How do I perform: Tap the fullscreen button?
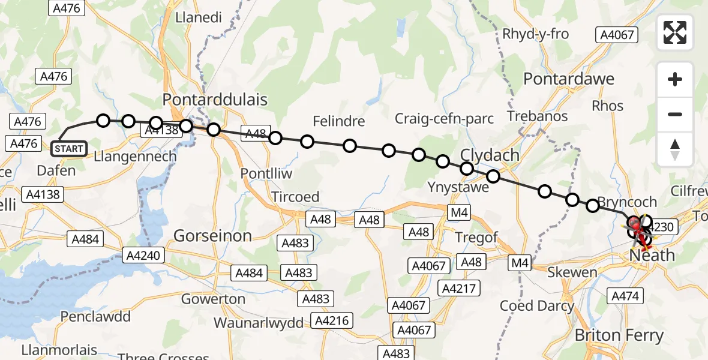pyautogui.click(x=675, y=32)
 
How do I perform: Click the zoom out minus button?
pyautogui.click(x=675, y=114)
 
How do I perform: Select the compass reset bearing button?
pyautogui.click(x=675, y=149)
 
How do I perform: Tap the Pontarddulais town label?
pyautogui.click(x=215, y=99)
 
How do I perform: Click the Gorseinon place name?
pyautogui.click(x=212, y=236)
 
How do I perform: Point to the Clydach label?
pyautogui.click(x=490, y=155)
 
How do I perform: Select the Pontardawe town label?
pyautogui.click(x=569, y=79)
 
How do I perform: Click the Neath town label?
pyautogui.click(x=652, y=256)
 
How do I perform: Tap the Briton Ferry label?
pyautogui.click(x=619, y=335)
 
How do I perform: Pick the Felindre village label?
pyautogui.click(x=339, y=122)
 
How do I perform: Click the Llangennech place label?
pyautogui.click(x=136, y=157)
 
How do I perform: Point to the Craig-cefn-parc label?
pyautogui.click(x=443, y=118)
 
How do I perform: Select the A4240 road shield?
pyautogui.click(x=143, y=256)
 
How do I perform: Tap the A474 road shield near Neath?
pyautogui.click(x=626, y=295)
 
